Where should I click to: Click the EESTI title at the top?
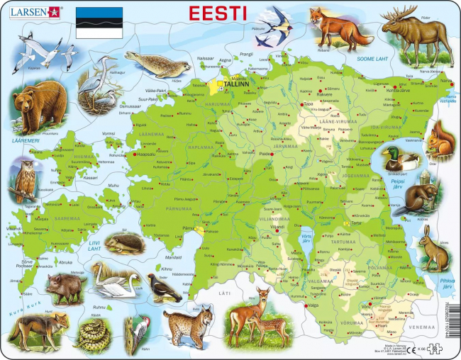(x=218, y=13)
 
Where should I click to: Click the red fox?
(x=337, y=30)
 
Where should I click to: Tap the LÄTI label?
(x=225, y=293)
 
